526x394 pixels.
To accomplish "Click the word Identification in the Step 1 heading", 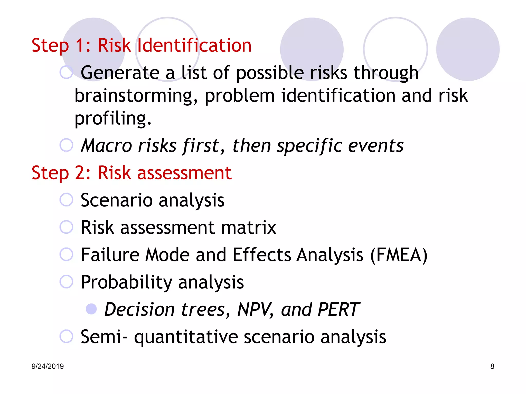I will point(194,45).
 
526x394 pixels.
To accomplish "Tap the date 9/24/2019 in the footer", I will point(48,366).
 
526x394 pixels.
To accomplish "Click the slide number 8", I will point(492,366).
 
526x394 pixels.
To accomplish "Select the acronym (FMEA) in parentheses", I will point(399,255).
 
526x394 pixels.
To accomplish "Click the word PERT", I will point(338,310).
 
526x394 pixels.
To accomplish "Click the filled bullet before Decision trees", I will point(91,309).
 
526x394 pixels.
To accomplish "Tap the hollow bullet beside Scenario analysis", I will point(66,200).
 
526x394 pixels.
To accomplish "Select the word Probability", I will point(126,282).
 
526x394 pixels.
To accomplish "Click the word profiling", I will point(113,119).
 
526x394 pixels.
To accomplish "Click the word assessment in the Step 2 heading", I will point(184,173).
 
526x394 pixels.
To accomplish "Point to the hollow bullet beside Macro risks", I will point(66,145).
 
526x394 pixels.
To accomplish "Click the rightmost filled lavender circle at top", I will point(468,49).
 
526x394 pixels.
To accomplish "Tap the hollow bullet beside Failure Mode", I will point(66,254).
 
